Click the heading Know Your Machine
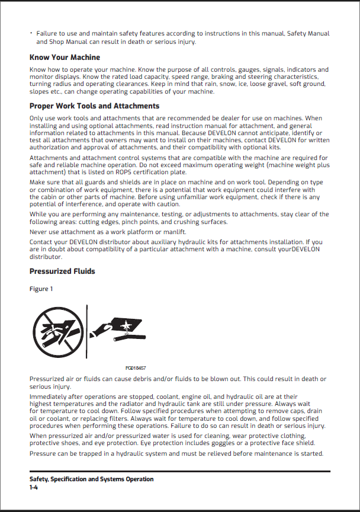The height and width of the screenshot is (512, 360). click(65, 57)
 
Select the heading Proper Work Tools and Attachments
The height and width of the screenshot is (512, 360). click(94, 106)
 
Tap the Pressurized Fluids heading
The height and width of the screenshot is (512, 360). click(62, 271)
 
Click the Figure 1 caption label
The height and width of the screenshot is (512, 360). click(41, 289)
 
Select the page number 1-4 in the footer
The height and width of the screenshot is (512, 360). click(34, 487)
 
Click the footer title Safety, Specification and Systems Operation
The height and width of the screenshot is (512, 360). click(91, 479)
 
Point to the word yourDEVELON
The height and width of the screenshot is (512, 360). click(298, 249)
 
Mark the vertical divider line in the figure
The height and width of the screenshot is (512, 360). click(88, 331)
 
